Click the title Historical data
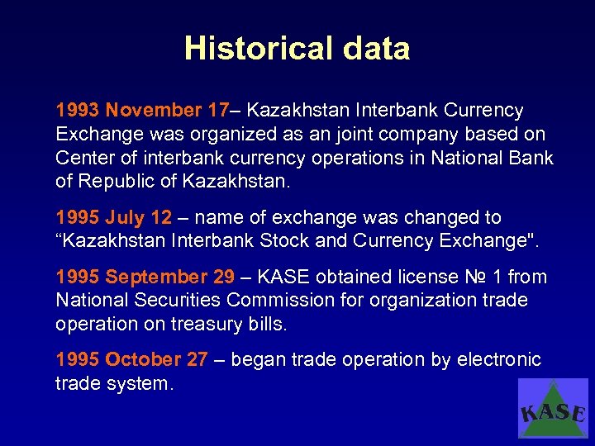(x=297, y=49)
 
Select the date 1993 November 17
(x=141, y=111)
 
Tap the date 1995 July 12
(x=113, y=218)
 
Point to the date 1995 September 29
(x=145, y=278)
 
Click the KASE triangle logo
(x=553, y=408)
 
